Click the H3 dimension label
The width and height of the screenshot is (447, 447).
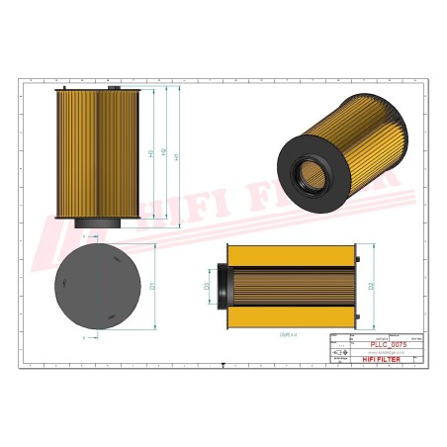(x=150, y=154)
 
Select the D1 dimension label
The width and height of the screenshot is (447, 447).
(x=152, y=286)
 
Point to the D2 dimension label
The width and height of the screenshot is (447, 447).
(x=368, y=286)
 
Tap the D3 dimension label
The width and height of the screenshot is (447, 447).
(x=207, y=287)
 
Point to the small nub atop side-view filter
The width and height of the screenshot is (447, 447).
(x=114, y=87)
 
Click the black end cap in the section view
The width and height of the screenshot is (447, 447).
(x=225, y=286)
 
